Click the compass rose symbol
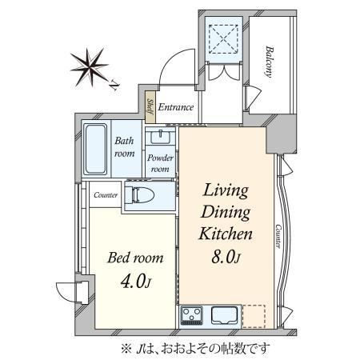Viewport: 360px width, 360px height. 90,67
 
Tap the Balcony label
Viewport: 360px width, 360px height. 270,62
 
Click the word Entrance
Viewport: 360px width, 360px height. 176,107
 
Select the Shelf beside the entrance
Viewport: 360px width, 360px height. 150,107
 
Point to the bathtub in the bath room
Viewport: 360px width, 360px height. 95,149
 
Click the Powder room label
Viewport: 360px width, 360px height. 160,163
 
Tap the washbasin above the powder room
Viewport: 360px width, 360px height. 160,137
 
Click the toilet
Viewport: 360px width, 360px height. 139,195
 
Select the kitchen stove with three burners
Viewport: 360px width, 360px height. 192,315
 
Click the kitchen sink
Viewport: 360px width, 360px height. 225,315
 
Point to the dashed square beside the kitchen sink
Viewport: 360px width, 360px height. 254,316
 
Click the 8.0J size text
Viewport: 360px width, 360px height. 226,257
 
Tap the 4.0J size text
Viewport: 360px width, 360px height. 136,281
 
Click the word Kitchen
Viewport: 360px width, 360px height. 226,234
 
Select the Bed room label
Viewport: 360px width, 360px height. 135,258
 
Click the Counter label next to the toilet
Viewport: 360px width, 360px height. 106,195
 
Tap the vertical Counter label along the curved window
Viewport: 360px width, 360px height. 278,236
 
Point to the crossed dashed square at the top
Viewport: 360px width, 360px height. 223,39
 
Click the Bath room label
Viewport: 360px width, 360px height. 124,147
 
